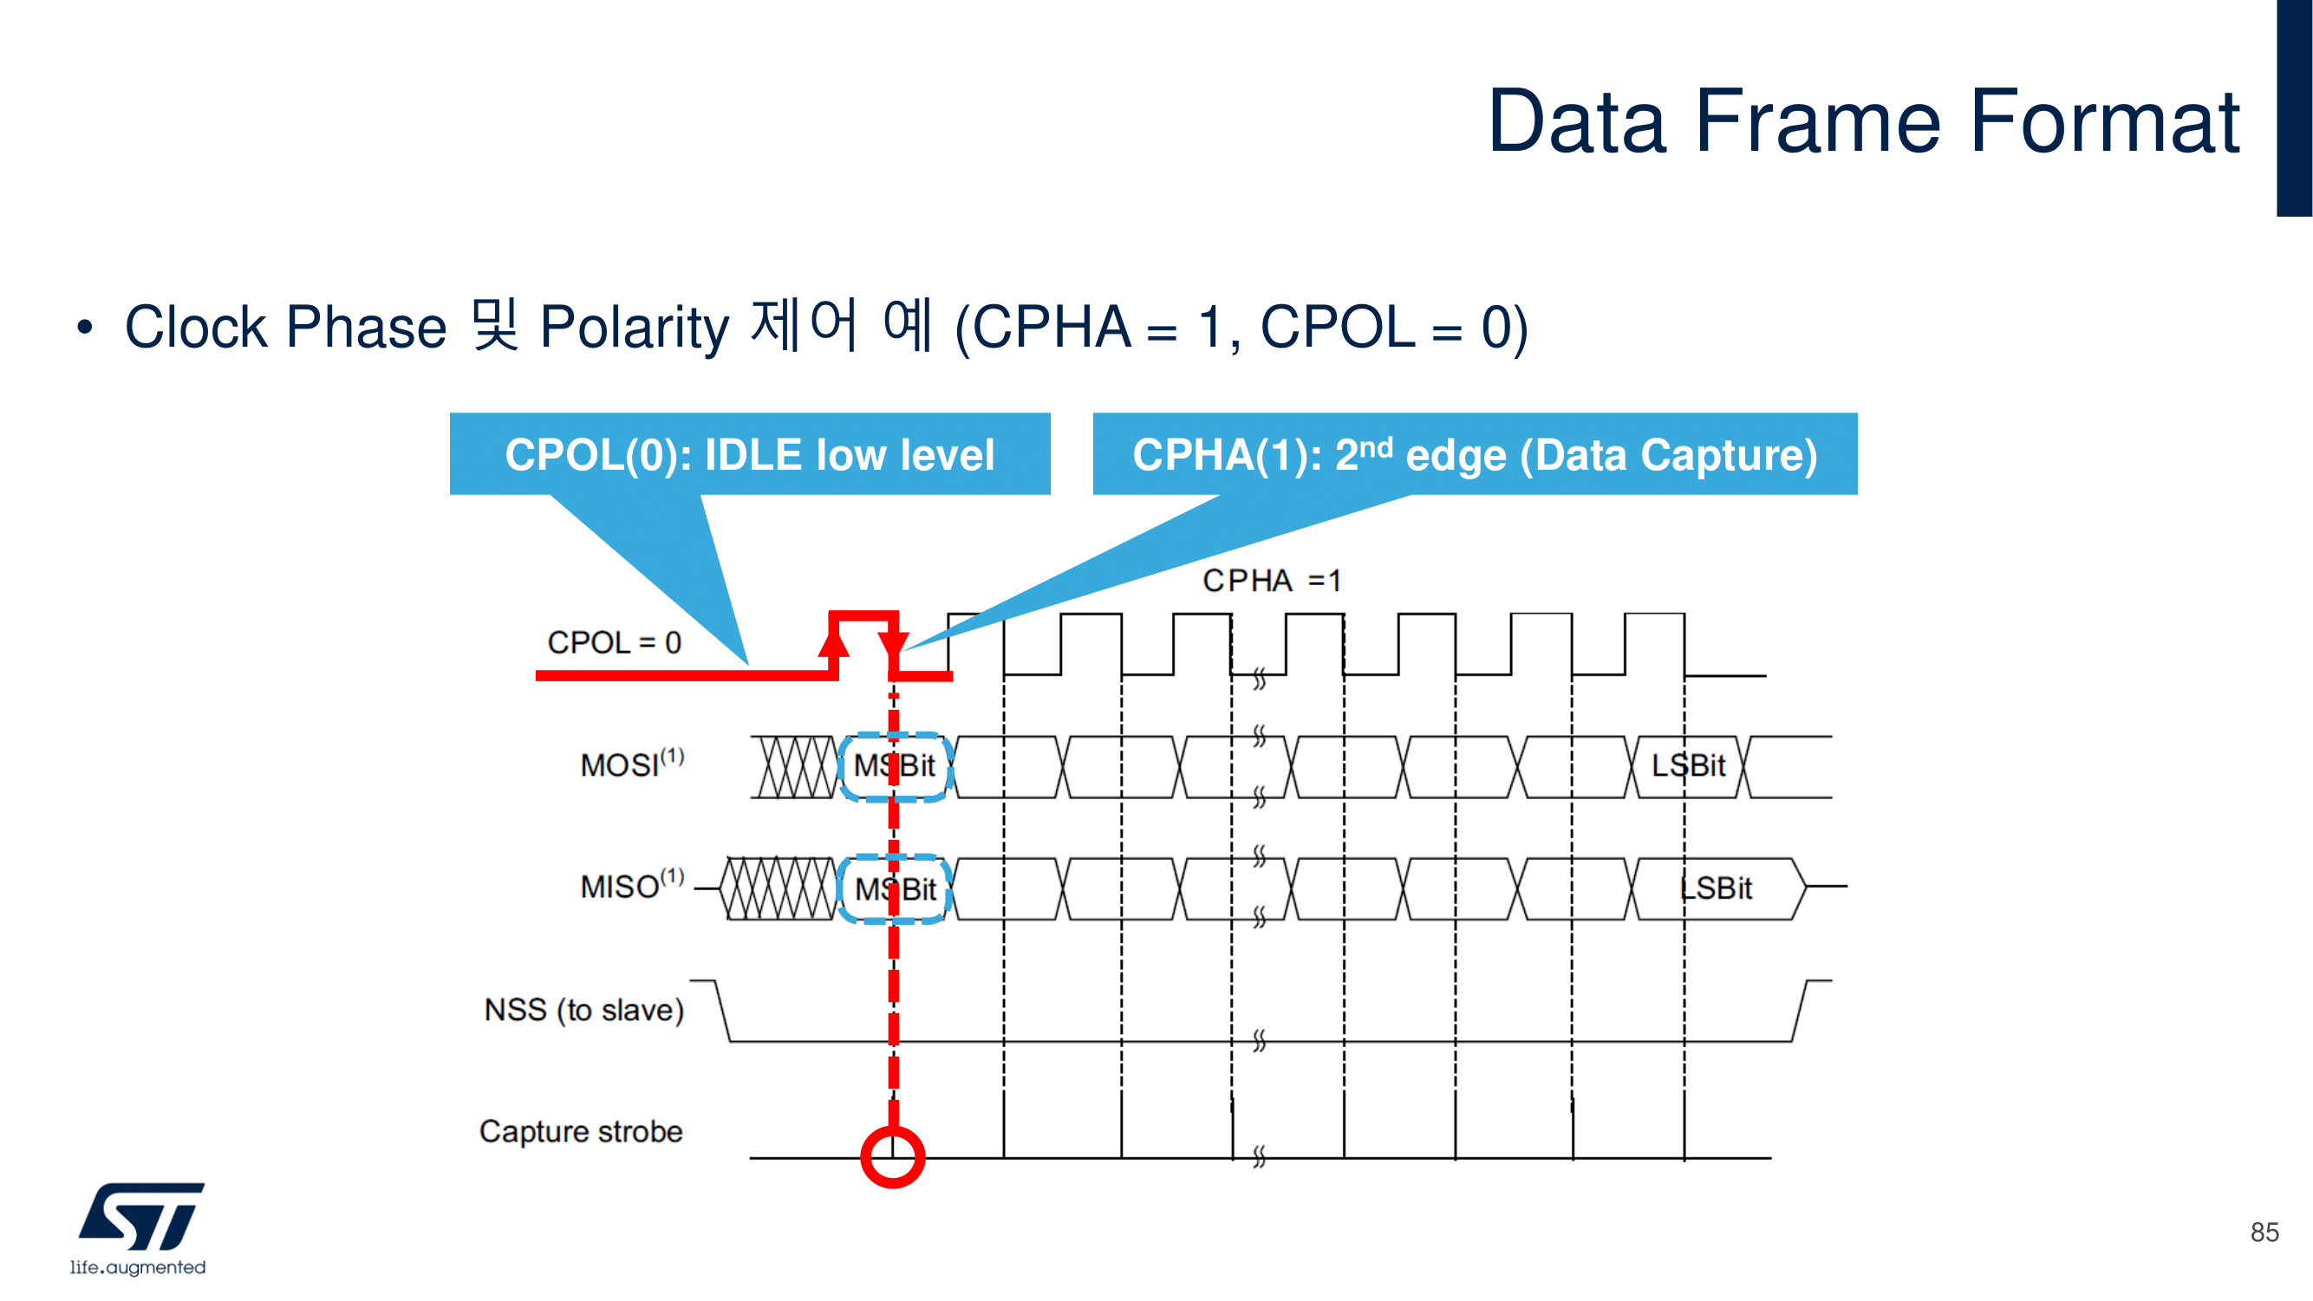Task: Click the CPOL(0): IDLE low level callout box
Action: point(750,454)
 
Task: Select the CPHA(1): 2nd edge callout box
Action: point(1475,454)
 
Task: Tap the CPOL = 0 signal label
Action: point(614,643)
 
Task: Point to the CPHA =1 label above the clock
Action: point(1272,581)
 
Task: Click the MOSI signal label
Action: point(631,764)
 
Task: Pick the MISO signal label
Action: point(631,886)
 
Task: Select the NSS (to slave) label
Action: point(583,1010)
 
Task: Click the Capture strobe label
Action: point(581,1131)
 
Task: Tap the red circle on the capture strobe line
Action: point(893,1156)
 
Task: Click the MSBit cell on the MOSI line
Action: point(896,766)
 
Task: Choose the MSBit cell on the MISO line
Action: point(896,889)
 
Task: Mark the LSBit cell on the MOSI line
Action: point(1687,766)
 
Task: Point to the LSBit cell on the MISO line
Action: point(1715,888)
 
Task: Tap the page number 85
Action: point(2264,1232)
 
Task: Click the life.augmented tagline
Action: point(139,1267)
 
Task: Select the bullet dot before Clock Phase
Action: point(84,328)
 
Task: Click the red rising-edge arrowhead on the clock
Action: point(834,642)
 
